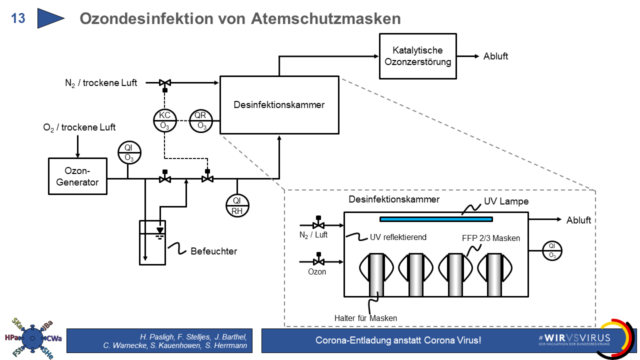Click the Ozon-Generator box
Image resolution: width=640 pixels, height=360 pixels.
(x=77, y=176)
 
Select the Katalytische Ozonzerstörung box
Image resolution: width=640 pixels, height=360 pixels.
(x=417, y=56)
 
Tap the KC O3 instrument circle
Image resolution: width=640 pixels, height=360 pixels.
(x=165, y=120)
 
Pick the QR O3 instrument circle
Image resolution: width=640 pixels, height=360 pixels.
(x=201, y=120)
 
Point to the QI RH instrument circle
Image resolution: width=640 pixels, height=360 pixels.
(x=237, y=205)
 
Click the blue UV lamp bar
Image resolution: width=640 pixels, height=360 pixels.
(x=436, y=219)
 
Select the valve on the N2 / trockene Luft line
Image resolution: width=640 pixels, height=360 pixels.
(x=164, y=82)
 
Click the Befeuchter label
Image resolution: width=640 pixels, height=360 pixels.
(x=213, y=251)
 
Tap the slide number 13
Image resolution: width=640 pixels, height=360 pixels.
(x=18, y=18)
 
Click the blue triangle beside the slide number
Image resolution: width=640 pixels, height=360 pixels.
(x=50, y=18)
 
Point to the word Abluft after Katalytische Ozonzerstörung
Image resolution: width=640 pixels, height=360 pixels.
(x=495, y=56)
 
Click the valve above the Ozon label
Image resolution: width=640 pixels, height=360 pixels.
(x=317, y=261)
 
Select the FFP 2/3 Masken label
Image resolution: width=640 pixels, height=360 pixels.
(x=491, y=238)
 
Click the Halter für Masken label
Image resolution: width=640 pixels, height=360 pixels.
(x=365, y=318)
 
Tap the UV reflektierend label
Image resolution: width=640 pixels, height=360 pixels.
(x=398, y=237)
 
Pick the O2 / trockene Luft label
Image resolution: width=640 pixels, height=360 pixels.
(x=79, y=128)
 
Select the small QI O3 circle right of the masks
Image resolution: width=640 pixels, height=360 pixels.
(x=552, y=250)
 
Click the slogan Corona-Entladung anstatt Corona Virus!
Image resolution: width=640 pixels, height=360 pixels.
(x=398, y=340)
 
